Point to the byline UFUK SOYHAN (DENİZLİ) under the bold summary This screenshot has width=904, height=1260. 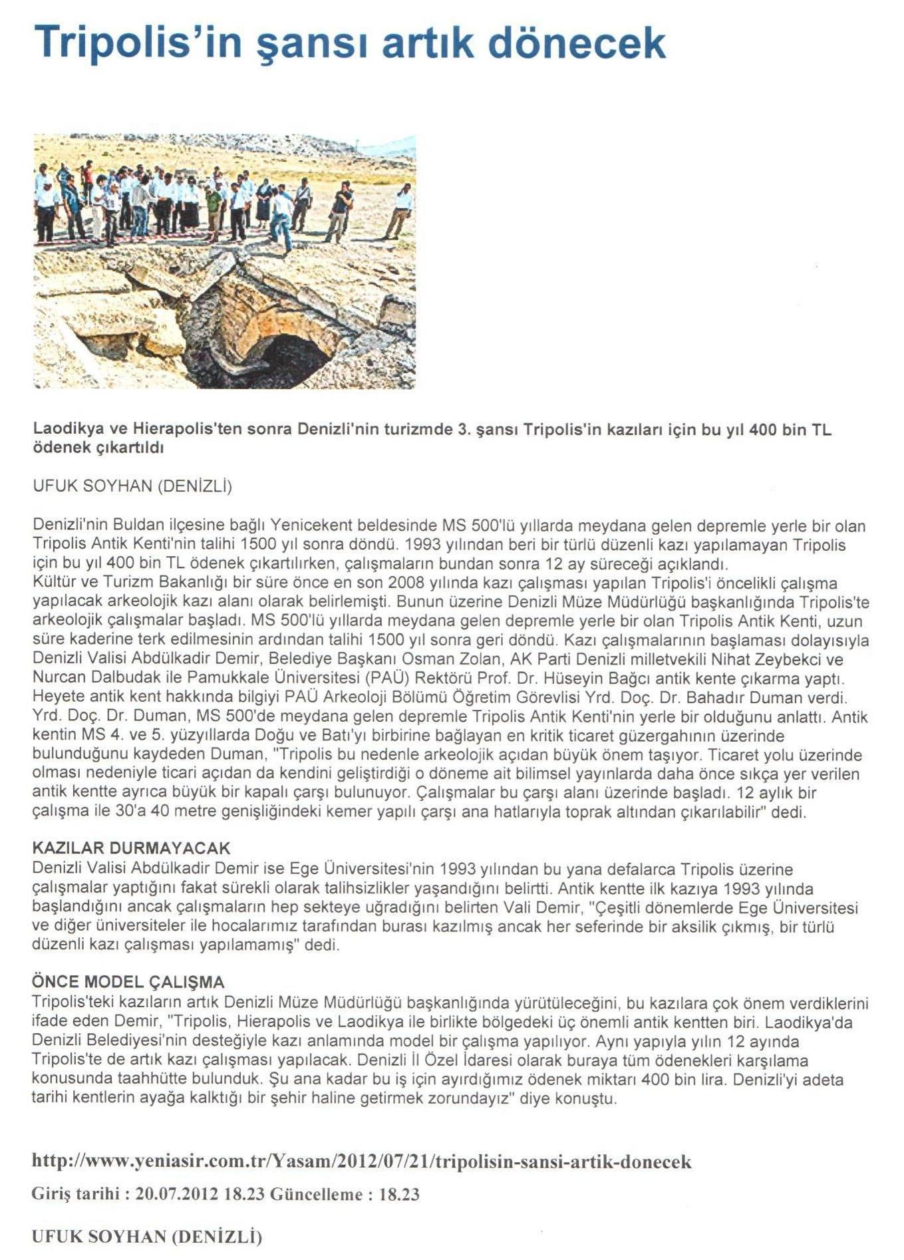tap(132, 486)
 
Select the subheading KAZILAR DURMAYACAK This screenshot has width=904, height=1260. tap(131, 848)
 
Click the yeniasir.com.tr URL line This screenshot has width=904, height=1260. tap(362, 1162)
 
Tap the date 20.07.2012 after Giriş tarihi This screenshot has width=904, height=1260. tap(176, 1194)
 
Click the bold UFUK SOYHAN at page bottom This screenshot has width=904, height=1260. tap(99, 1237)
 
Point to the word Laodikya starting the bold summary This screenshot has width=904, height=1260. tap(61, 429)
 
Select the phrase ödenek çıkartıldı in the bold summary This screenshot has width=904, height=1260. tap(98, 448)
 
